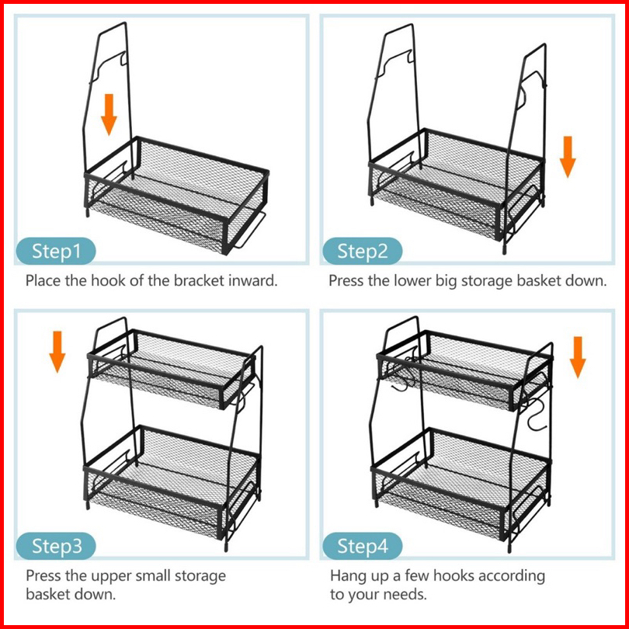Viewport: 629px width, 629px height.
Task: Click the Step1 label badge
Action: pyautogui.click(x=56, y=252)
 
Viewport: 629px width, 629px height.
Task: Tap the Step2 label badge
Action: pyautogui.click(x=362, y=252)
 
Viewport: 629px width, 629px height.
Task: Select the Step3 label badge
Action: pyautogui.click(x=57, y=546)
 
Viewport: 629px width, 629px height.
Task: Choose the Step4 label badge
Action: pyautogui.click(x=363, y=546)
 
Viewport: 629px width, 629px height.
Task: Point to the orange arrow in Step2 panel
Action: pyautogui.click(x=568, y=156)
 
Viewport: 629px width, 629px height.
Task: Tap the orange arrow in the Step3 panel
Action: pyautogui.click(x=57, y=350)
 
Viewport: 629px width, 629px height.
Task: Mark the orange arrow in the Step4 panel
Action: pyautogui.click(x=577, y=356)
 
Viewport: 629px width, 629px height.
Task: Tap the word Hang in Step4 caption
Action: pyautogui.click(x=347, y=576)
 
